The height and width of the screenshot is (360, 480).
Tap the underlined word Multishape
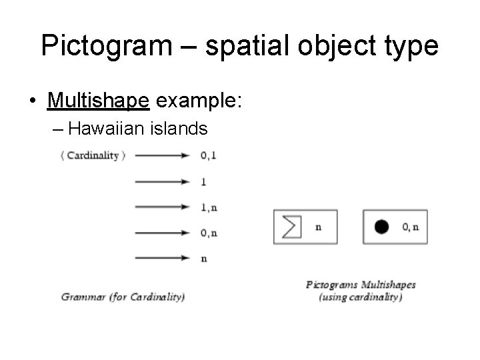pyautogui.click(x=99, y=101)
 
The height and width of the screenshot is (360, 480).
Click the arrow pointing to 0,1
pyautogui.click(x=163, y=155)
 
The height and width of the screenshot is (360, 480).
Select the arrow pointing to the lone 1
pyautogui.click(x=163, y=181)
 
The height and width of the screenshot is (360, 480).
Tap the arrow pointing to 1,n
pyautogui.click(x=163, y=207)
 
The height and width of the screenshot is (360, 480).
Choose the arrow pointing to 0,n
pyautogui.click(x=163, y=233)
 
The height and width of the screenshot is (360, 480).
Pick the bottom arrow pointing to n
pyautogui.click(x=163, y=258)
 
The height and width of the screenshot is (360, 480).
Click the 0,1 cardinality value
pyautogui.click(x=208, y=155)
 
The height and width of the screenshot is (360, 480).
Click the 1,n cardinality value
pyautogui.click(x=209, y=207)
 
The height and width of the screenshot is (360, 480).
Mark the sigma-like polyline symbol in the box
pyautogui.click(x=291, y=227)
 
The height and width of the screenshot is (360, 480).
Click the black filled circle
pyautogui.click(x=381, y=227)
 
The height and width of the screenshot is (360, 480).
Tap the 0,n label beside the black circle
pyautogui.click(x=411, y=227)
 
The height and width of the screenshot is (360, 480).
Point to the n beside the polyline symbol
pyautogui.click(x=318, y=227)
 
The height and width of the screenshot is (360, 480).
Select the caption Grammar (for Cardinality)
pyautogui.click(x=123, y=297)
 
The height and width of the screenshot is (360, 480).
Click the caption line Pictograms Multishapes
pyautogui.click(x=361, y=285)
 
